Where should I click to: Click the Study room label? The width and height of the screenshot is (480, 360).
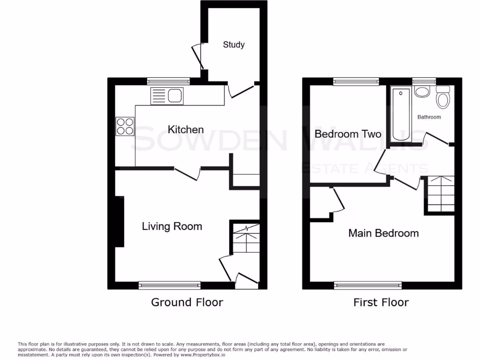click(233, 45)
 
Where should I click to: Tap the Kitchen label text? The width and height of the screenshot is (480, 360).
click(186, 130)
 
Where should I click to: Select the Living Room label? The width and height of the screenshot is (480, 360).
click(172, 226)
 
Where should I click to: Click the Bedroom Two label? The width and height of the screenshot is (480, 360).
click(348, 134)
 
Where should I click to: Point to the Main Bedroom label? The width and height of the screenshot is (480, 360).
click(383, 233)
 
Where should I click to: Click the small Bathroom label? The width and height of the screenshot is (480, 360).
click(429, 117)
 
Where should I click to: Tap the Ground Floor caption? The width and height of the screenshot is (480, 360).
click(187, 302)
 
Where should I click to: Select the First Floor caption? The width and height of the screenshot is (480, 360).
click(381, 302)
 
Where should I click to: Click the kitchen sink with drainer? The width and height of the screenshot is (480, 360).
click(167, 97)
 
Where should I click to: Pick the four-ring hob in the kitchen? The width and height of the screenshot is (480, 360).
click(125, 126)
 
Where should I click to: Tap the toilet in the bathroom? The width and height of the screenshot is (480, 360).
click(443, 98)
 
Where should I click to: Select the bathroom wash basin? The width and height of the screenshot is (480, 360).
click(422, 91)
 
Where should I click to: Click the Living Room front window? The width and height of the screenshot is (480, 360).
click(170, 285)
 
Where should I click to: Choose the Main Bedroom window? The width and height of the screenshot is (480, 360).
click(368, 285)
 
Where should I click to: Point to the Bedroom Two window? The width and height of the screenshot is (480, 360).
click(356, 82)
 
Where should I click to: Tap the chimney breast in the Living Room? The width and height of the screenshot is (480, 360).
click(120, 221)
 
